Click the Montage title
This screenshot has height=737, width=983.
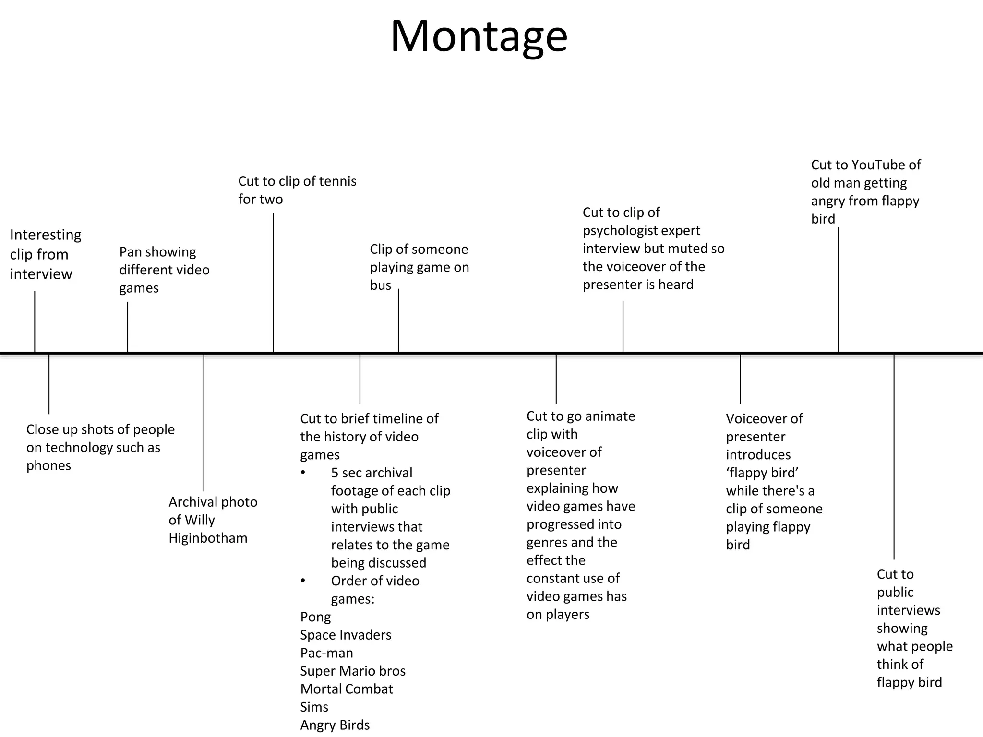pyautogui.click(x=479, y=36)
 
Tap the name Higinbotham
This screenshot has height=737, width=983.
pyautogui.click(x=208, y=538)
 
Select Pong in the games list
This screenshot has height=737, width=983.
pyautogui.click(x=315, y=617)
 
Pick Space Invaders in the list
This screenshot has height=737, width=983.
pyautogui.click(x=346, y=635)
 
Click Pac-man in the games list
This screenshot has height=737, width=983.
pyautogui.click(x=326, y=653)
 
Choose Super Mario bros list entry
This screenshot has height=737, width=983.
pyautogui.click(x=353, y=671)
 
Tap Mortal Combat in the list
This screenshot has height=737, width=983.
pyautogui.click(x=347, y=689)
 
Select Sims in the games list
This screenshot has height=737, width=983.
pyautogui.click(x=314, y=707)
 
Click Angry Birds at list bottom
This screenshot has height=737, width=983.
pyautogui.click(x=335, y=725)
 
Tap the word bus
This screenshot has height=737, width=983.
pyautogui.click(x=380, y=285)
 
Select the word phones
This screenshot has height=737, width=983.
pyautogui.click(x=48, y=465)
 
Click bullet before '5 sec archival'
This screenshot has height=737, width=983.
pyautogui.click(x=303, y=473)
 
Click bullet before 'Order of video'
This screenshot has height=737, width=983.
pyautogui.click(x=303, y=581)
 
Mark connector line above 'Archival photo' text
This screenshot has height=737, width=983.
pyautogui.click(x=204, y=422)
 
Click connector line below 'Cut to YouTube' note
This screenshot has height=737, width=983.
pyautogui.click(x=838, y=288)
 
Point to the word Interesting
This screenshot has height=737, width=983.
pyautogui.click(x=46, y=235)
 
